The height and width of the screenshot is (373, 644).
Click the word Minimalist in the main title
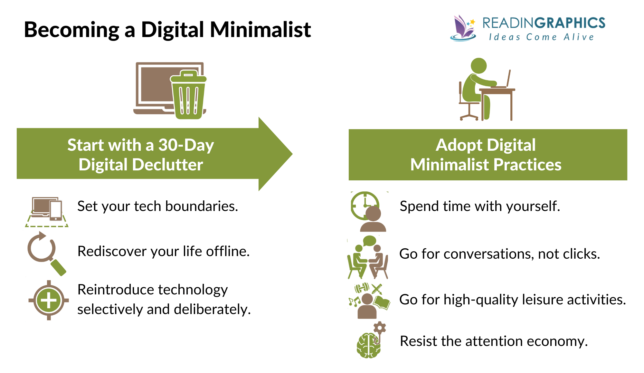point(260,30)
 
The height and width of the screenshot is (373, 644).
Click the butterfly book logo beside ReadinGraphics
point(463,29)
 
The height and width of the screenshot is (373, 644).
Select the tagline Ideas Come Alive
point(541,37)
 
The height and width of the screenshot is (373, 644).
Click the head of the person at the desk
point(478,66)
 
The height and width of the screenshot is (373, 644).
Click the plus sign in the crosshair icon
point(49,301)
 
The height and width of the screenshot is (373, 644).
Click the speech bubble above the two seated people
point(369,240)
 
